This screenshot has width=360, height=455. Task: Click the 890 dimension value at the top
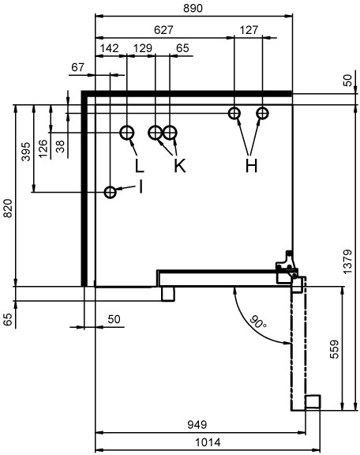[x=193, y=8]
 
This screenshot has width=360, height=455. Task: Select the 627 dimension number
[x=163, y=29]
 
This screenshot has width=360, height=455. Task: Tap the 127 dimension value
[x=249, y=29]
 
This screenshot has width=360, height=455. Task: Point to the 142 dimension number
[x=110, y=48]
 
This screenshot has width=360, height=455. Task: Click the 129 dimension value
[x=142, y=48]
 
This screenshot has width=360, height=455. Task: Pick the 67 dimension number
[x=77, y=67]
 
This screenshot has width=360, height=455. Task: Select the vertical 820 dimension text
[x=8, y=209]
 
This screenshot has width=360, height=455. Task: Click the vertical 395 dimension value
[x=26, y=152]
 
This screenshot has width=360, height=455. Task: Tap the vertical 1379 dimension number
[x=347, y=261]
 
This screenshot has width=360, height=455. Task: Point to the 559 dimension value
[x=335, y=349]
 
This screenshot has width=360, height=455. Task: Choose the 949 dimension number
[x=197, y=424]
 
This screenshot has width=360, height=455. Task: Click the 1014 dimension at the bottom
[x=208, y=442]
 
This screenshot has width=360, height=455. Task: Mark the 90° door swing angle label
[x=257, y=322]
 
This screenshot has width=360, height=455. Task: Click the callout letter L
[x=139, y=166]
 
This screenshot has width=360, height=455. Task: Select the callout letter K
[x=179, y=166]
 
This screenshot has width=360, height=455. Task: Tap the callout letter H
[x=251, y=166]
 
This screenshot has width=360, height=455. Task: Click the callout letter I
[x=141, y=186]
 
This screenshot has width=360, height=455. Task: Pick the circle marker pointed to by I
[x=111, y=192]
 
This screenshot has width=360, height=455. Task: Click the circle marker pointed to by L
[x=127, y=133]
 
